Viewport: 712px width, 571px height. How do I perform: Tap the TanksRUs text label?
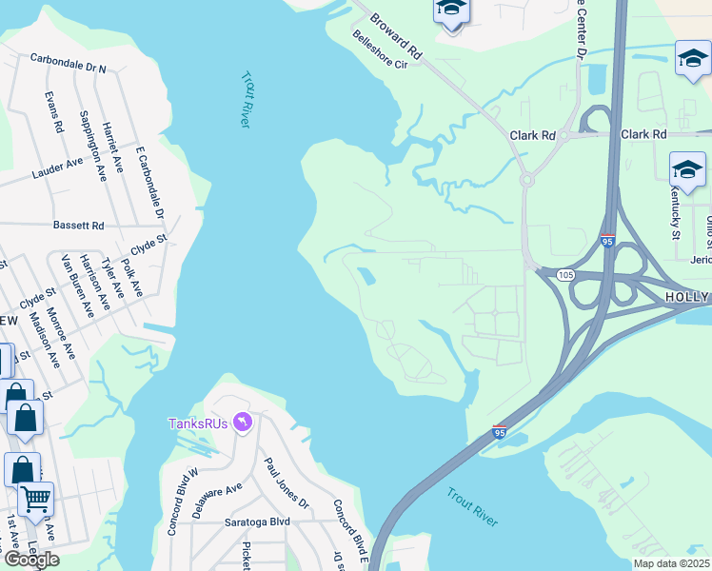click(x=198, y=423)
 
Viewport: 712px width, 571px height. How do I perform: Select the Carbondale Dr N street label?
click(x=68, y=63)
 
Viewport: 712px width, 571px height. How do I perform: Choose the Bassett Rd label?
click(x=79, y=226)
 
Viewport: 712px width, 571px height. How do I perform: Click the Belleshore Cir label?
click(x=379, y=50)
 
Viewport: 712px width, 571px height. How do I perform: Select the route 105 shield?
click(x=566, y=275)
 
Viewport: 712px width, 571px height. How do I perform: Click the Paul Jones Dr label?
click(x=286, y=482)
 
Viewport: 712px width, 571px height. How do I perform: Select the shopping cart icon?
click(x=35, y=497)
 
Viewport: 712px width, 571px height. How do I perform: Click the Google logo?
click(x=30, y=559)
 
